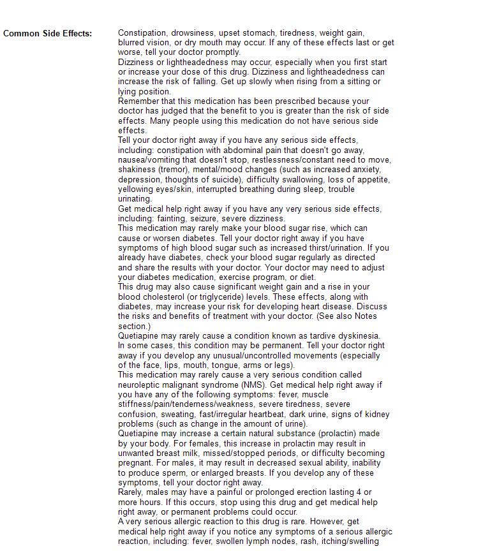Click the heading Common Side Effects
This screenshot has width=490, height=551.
pyautogui.click(x=47, y=33)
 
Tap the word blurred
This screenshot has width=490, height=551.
pyautogui.click(x=132, y=43)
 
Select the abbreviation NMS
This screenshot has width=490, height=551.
pyautogui.click(x=253, y=385)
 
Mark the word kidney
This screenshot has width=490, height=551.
pyautogui.click(x=376, y=415)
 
